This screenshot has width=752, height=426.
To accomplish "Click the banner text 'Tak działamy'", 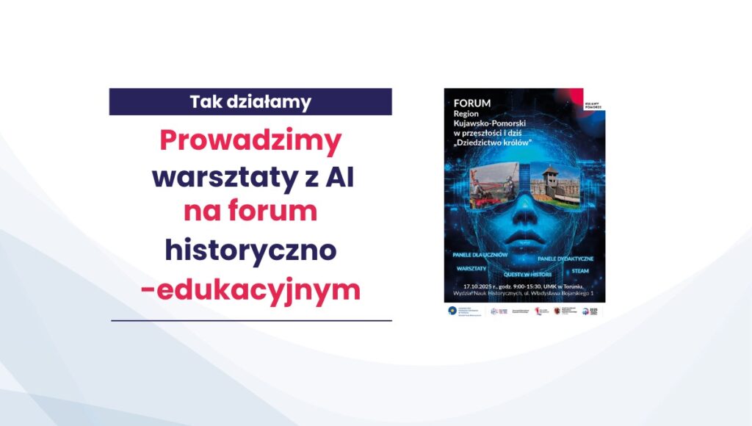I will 250,102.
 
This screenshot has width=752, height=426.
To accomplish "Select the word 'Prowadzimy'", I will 250,141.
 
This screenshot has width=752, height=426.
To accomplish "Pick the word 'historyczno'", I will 250,250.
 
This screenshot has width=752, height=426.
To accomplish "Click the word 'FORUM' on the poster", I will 471,104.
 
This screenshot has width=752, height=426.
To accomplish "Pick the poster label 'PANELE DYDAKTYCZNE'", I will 565,259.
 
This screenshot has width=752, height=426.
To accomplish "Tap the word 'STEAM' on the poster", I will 579,270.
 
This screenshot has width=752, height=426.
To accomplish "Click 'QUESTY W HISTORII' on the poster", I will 522,275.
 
